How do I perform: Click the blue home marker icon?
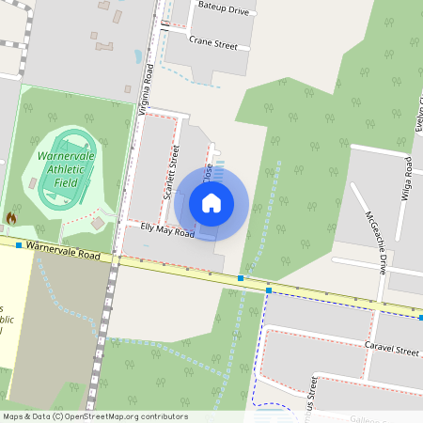[x=211, y=203]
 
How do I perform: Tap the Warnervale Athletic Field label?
[x=66, y=169]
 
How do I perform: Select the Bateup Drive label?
[x=224, y=8]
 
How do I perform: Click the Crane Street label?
[x=213, y=42]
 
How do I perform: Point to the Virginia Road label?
[x=144, y=94]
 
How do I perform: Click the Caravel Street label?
[x=392, y=350]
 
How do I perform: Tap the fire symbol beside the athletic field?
[x=11, y=217]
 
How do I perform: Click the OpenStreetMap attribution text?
[x=94, y=416]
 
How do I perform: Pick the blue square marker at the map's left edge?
[x=19, y=244]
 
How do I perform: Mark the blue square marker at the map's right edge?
[x=420, y=318]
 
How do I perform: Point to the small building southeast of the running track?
[x=98, y=223]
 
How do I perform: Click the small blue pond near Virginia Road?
[x=138, y=56]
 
